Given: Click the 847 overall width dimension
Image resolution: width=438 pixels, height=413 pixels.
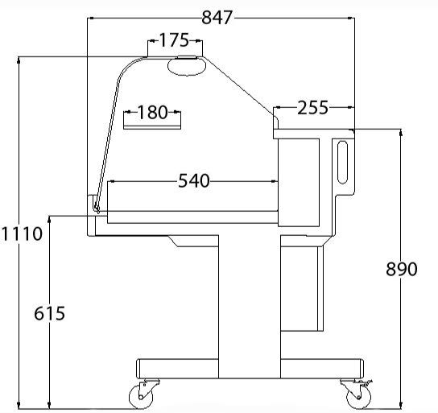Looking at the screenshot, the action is click(217, 18).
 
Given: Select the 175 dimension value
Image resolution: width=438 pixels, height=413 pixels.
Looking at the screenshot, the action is click(174, 40).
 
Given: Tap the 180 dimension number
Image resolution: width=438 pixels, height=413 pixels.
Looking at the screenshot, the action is click(152, 112).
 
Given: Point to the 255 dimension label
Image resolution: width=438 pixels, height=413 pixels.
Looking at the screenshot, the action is click(312, 108).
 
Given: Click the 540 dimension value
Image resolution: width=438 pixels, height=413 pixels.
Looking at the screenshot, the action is click(194, 180).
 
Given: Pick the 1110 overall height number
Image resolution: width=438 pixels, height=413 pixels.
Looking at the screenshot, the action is click(22, 233).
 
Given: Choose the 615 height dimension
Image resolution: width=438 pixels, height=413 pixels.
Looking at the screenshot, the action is click(49, 313).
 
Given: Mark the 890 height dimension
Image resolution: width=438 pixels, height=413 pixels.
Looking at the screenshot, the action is click(402, 269).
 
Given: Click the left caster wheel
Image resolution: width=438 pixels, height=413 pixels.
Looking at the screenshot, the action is click(141, 396).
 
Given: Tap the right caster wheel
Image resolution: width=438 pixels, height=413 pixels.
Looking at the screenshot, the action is click(358, 397).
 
